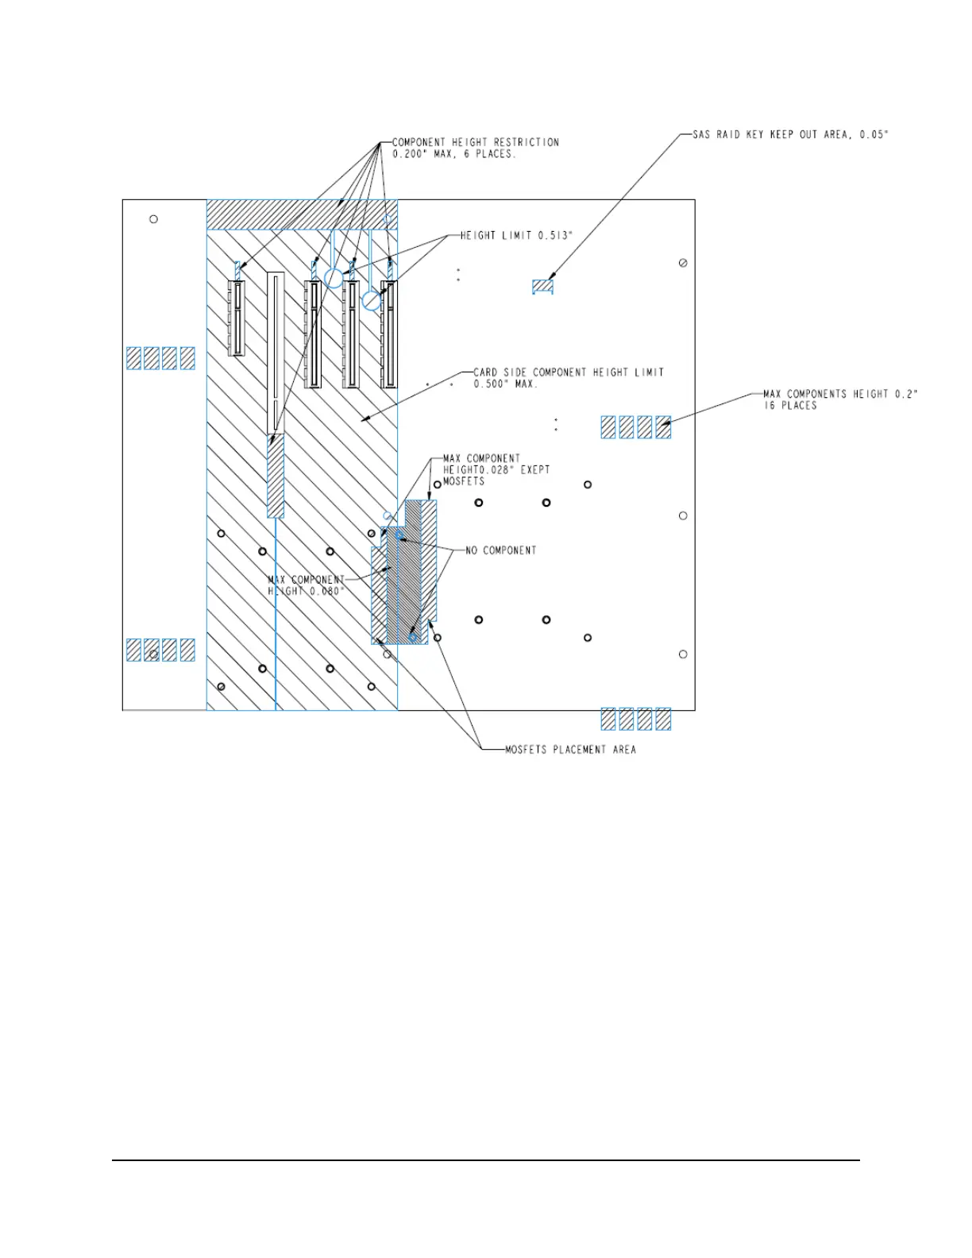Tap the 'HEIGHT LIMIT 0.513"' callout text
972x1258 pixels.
tap(516, 236)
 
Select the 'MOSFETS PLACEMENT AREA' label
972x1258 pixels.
tap(570, 750)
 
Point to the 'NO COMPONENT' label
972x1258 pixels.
tap(500, 550)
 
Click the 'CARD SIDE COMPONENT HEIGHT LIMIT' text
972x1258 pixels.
tap(569, 372)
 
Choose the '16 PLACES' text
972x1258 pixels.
tap(790, 406)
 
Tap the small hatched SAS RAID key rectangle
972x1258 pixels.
tap(542, 286)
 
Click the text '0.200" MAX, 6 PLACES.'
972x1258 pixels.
tap(454, 154)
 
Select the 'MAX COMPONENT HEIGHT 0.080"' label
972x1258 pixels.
tap(307, 585)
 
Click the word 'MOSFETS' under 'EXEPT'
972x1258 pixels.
tap(464, 481)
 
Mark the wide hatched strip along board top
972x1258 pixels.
tap(302, 215)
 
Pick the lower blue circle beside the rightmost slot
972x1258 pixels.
tap(371, 301)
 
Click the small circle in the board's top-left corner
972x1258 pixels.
tap(154, 219)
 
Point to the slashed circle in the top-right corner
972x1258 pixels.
tap(683, 263)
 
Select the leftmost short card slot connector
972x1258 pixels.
tap(236, 318)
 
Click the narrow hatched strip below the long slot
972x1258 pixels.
tap(276, 475)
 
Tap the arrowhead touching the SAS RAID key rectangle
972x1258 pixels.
tap(551, 279)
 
